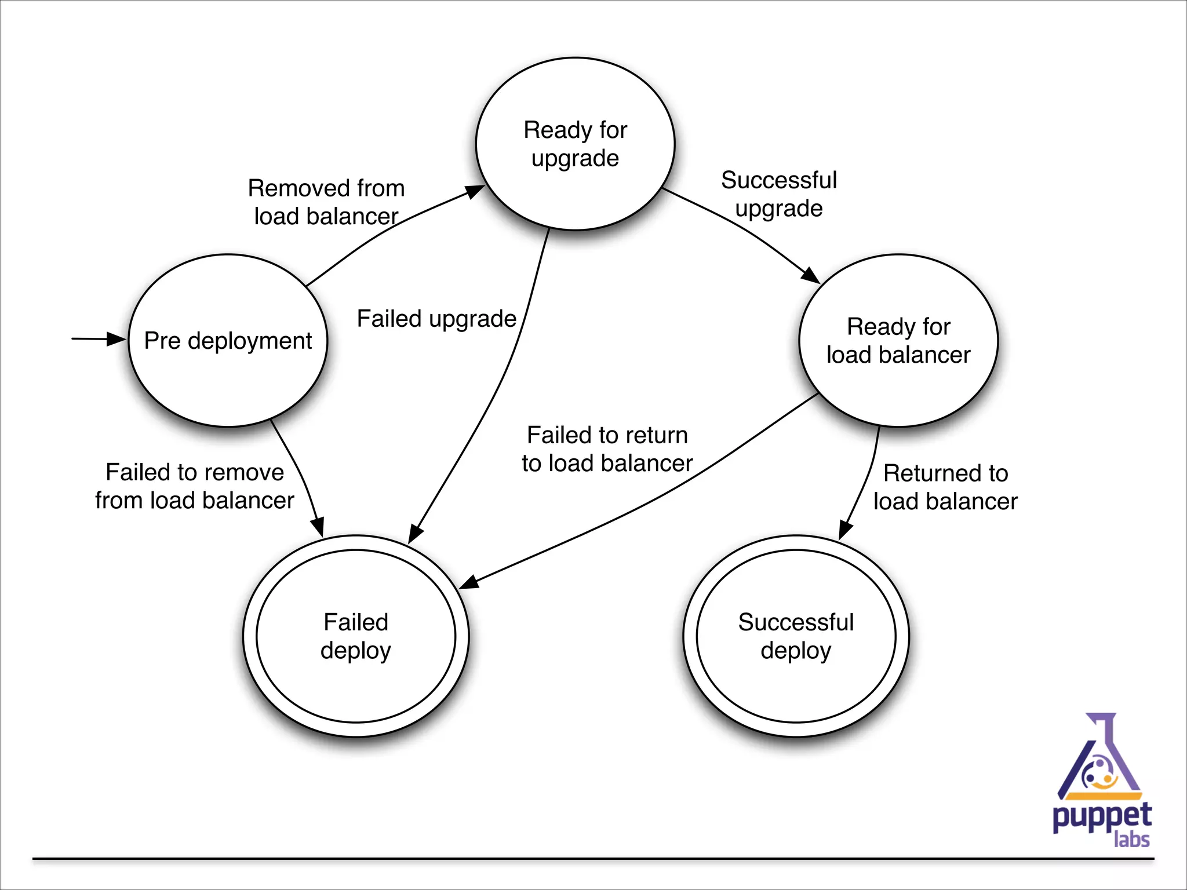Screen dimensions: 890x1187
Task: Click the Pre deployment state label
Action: coord(228,341)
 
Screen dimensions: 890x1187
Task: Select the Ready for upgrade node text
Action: coord(575,144)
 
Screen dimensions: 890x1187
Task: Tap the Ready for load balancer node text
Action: coord(898,341)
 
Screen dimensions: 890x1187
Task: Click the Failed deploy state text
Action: coord(356,636)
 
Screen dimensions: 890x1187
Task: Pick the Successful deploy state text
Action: coord(796,636)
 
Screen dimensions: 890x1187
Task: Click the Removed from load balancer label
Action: coord(326,202)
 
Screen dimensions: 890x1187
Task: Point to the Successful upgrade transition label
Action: coord(779,194)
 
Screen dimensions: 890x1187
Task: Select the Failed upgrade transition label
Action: coord(436,319)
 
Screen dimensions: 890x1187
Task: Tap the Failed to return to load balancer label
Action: coord(607,449)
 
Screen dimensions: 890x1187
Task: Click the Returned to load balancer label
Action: coord(945,487)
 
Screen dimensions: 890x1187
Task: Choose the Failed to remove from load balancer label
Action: coord(195,486)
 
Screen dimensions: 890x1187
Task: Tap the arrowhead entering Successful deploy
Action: coord(845,530)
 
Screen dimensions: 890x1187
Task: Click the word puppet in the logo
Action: coord(1101,817)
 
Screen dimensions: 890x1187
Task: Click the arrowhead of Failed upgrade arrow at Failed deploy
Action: coord(415,534)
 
